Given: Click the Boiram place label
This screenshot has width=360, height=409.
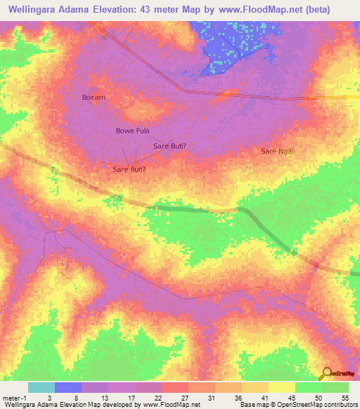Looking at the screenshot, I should point(94,98).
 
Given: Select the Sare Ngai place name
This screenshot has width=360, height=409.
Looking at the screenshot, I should point(277,151).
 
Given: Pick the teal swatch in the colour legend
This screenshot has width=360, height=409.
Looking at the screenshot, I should point(41,388).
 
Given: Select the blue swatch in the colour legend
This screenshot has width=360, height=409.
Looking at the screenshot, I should point(68,388).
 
